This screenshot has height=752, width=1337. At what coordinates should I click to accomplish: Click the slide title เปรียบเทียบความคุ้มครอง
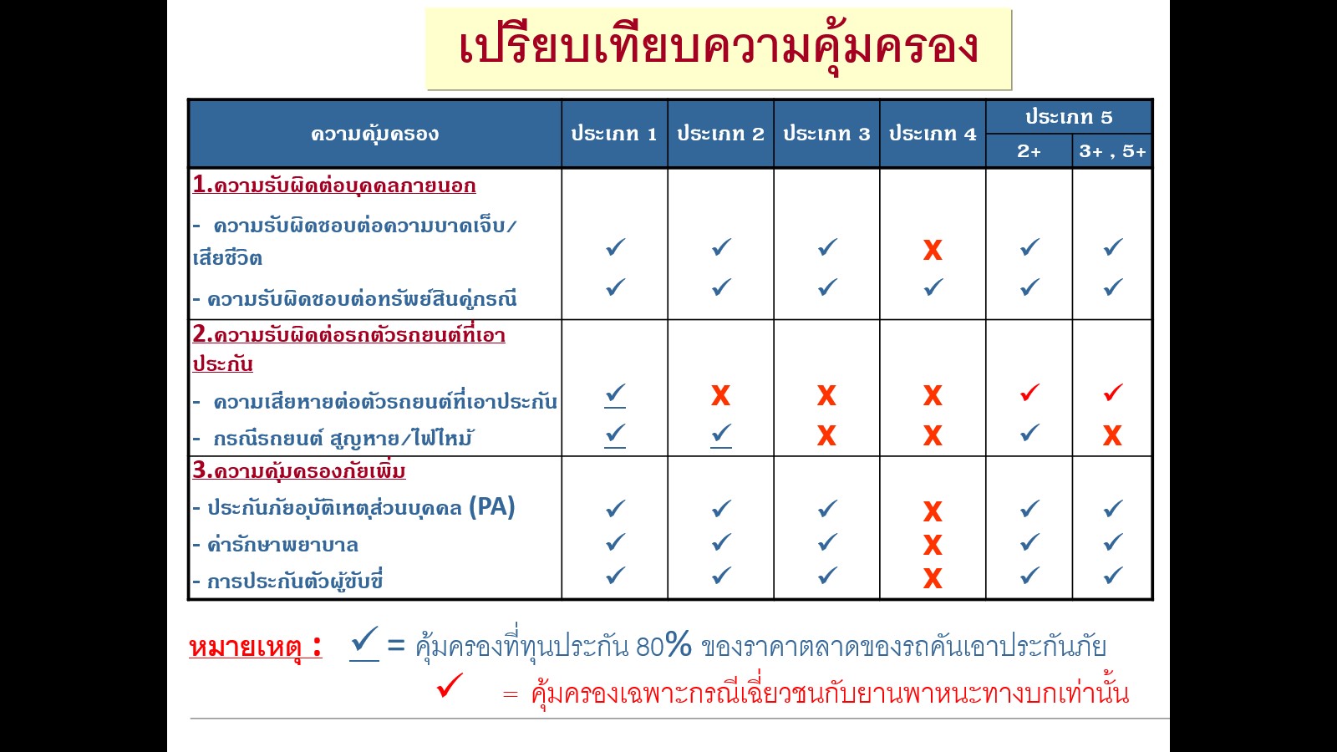pyautogui.click(x=719, y=48)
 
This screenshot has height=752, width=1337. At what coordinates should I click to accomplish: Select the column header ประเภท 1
pyautogui.click(x=614, y=134)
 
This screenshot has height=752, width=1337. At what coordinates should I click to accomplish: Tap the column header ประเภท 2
pyautogui.click(x=720, y=134)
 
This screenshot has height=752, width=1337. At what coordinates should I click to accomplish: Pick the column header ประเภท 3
pyautogui.click(x=826, y=134)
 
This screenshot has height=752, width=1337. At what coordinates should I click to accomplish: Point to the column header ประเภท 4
pyautogui.click(x=933, y=134)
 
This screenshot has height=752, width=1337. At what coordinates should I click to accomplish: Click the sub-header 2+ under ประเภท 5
pyautogui.click(x=1029, y=151)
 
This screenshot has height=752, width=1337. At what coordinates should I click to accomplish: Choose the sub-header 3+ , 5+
pyautogui.click(x=1112, y=151)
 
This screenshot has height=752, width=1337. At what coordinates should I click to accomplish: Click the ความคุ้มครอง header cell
pyautogui.click(x=374, y=134)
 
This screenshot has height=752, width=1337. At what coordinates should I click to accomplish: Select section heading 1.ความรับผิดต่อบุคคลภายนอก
pyautogui.click(x=334, y=185)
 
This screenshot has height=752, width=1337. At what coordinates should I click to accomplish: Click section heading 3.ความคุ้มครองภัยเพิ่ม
pyautogui.click(x=299, y=471)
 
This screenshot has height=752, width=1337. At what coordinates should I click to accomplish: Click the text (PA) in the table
pyautogui.click(x=491, y=507)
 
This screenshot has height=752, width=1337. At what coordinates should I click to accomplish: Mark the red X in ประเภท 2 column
pyautogui.click(x=720, y=395)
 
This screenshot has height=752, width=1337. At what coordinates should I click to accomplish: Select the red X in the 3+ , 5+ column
pyautogui.click(x=1112, y=435)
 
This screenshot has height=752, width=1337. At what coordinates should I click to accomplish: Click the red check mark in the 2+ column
pyautogui.click(x=1029, y=392)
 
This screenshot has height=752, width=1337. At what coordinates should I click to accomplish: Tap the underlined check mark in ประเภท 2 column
pyautogui.click(x=721, y=434)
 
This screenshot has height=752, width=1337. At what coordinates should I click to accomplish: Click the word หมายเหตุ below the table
pyautogui.click(x=246, y=647)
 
